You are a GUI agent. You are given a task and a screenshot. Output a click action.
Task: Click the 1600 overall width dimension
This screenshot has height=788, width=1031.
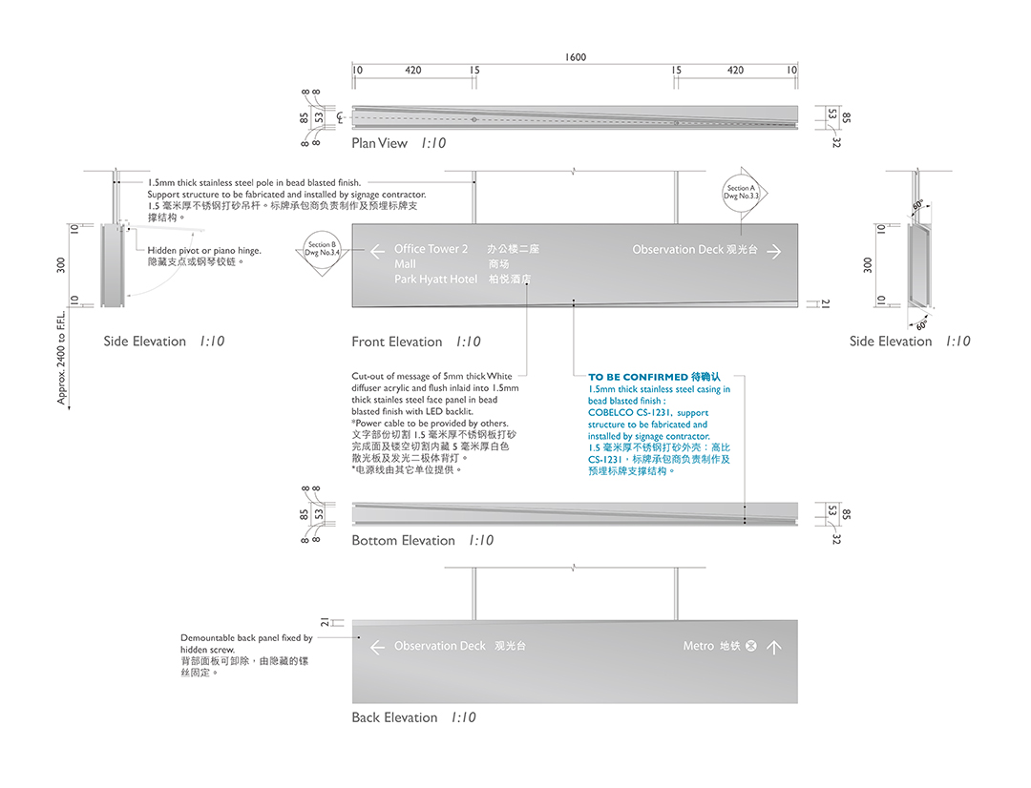click(576, 57)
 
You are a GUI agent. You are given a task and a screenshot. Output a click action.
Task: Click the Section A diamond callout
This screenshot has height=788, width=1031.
click(741, 194)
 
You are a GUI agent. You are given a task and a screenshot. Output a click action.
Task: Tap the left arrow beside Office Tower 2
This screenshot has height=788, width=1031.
click(377, 252)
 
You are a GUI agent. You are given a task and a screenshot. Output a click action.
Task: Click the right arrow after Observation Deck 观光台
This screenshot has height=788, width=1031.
click(774, 252)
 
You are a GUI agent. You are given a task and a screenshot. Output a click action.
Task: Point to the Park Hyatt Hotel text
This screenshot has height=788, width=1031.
click(435, 280)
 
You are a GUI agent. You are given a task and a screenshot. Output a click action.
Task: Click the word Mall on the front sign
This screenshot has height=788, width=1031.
click(405, 264)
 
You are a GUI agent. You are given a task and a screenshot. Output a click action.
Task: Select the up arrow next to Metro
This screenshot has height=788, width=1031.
click(774, 647)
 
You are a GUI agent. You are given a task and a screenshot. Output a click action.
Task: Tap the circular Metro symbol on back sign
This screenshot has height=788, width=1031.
click(750, 647)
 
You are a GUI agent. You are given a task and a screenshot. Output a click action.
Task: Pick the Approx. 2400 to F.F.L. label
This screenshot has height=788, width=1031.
click(62, 359)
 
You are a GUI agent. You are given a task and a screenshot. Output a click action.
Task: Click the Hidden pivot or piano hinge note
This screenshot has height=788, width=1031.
click(204, 251)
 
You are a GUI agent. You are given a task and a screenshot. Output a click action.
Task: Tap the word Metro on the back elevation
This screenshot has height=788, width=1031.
click(699, 647)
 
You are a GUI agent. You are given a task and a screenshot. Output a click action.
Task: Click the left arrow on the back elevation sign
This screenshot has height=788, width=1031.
click(377, 647)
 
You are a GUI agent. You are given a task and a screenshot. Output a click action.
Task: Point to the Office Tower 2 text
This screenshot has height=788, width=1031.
click(431, 249)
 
